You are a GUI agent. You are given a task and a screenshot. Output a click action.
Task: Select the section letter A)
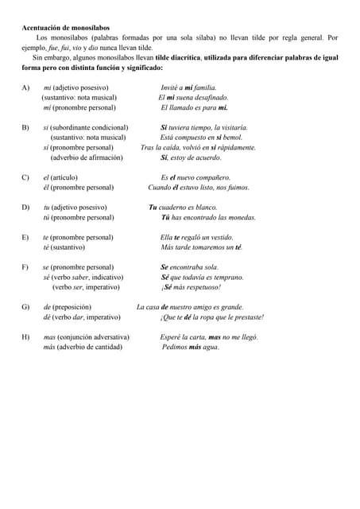[25, 87]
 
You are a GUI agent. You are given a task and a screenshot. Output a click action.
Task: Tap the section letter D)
[25, 207]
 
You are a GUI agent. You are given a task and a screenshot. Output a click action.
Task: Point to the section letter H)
[25, 337]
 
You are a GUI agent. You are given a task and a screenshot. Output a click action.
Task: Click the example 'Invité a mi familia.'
[188, 87]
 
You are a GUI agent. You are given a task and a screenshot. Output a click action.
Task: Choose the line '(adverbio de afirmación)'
[87, 157]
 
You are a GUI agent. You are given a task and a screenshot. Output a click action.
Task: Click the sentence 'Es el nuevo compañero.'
[195, 177]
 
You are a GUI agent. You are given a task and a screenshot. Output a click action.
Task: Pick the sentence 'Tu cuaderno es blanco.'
[183, 207]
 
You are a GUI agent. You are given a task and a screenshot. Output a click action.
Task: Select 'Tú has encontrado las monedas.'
[208, 217]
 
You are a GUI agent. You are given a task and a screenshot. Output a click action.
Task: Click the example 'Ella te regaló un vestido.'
[197, 237]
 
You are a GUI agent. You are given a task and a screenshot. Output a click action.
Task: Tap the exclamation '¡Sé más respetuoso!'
[191, 287]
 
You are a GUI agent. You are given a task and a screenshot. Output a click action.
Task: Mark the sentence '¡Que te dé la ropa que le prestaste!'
[212, 317]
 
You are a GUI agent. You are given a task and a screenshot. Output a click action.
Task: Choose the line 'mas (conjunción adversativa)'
[86, 337]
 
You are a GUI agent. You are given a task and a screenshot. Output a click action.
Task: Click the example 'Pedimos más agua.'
[190, 348]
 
